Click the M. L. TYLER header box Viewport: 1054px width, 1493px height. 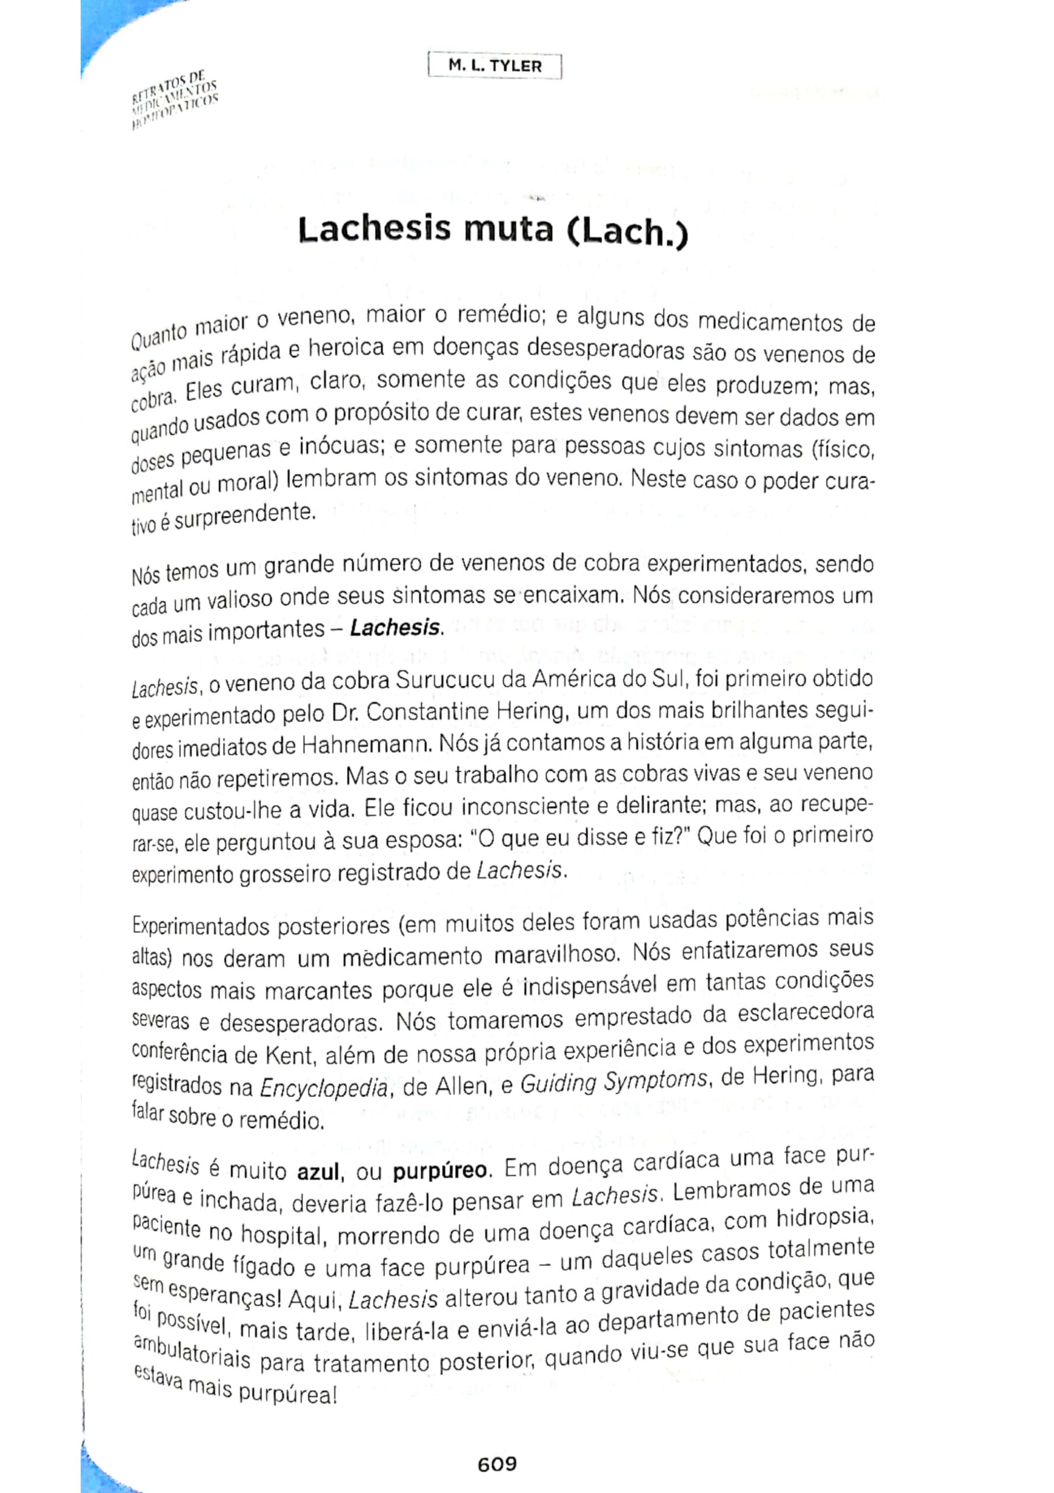495,66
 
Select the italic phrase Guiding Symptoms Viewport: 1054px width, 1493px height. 614,1082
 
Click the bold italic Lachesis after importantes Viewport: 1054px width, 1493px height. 395,629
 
